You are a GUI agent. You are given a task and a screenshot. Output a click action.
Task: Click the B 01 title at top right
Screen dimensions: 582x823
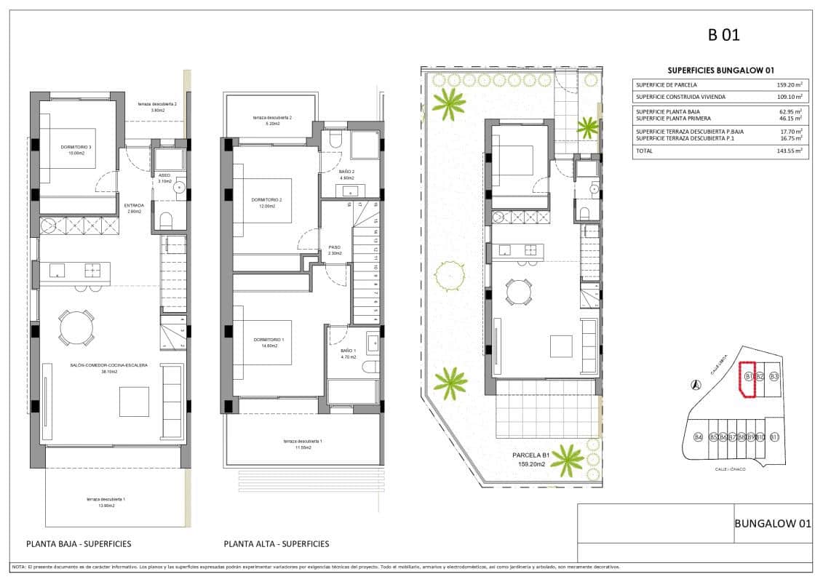pos(723,34)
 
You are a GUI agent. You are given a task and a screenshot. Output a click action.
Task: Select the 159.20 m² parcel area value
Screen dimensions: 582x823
pos(789,85)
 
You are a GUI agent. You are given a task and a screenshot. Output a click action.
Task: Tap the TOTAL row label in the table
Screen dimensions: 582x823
pos(644,151)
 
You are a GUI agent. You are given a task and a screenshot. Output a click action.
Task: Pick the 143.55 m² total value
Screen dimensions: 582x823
pos(789,151)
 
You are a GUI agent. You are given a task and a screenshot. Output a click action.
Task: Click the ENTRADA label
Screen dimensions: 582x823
pos(134,205)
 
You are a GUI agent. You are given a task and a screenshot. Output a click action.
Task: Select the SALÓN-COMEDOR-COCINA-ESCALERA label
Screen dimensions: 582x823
pos(104,365)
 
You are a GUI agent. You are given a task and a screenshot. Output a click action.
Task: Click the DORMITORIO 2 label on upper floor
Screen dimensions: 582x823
pos(266,200)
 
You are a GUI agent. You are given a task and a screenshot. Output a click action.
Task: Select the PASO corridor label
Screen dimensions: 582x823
pos(334,247)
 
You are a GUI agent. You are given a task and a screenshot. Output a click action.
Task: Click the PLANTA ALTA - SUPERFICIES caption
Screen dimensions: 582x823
pos(277,543)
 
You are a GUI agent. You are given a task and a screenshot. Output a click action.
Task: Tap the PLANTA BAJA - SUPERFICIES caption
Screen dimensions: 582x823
pos(79,543)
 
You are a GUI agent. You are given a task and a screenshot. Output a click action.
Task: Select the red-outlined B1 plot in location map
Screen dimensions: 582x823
pos(747,380)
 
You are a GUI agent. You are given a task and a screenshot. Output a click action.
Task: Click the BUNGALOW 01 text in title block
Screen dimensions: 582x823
pos(772,523)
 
